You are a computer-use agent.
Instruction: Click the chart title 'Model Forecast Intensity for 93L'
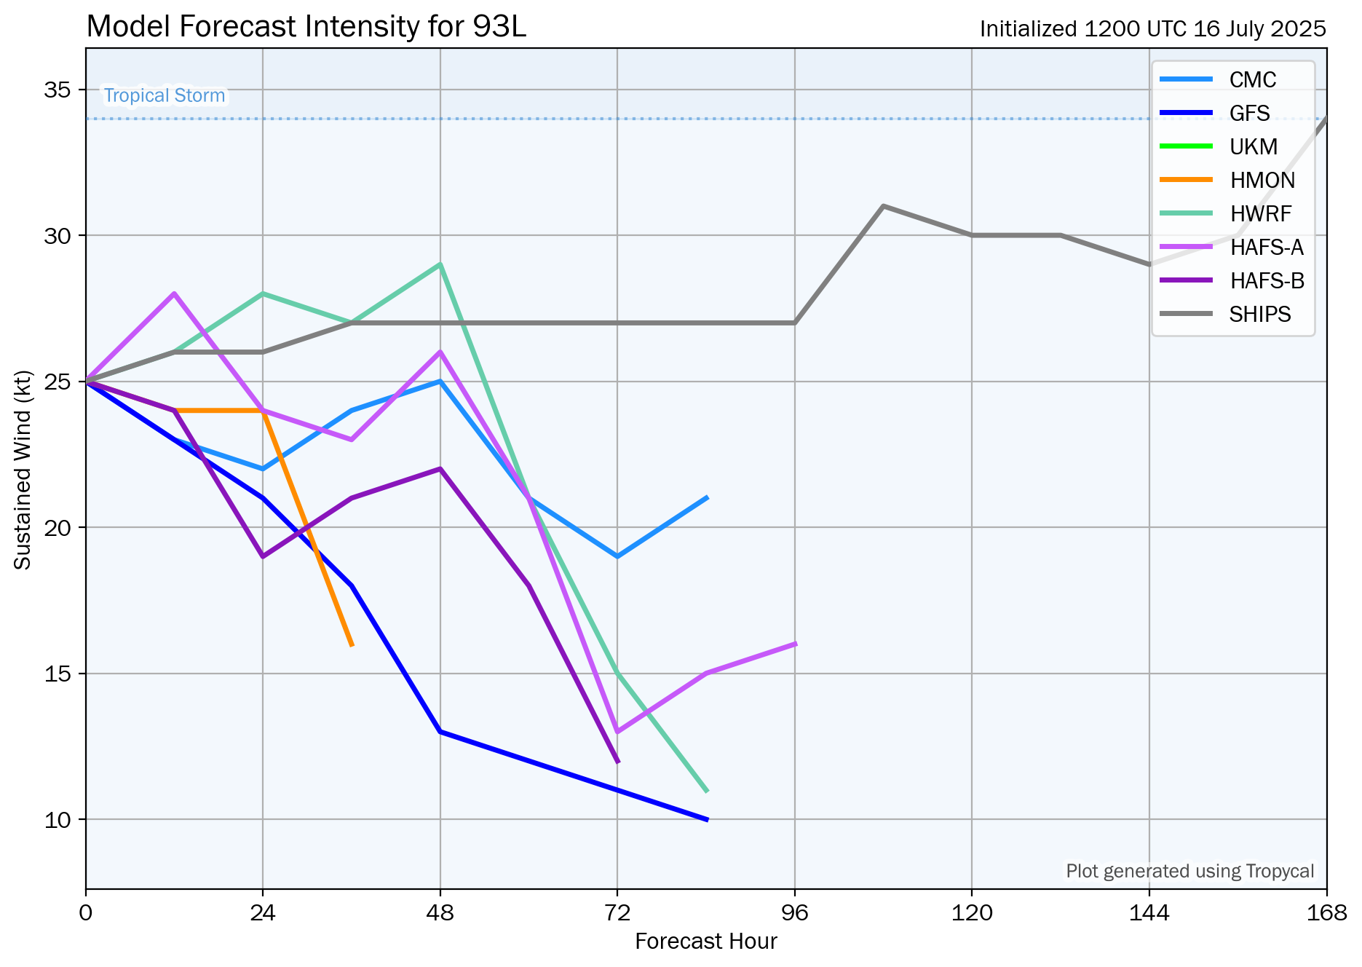click(x=306, y=28)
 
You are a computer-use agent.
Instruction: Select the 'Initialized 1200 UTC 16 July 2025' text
click(x=1152, y=29)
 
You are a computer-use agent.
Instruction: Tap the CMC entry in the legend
click(x=1252, y=79)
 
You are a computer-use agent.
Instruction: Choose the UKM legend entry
click(x=1253, y=147)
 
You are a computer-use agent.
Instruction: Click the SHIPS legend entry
click(x=1259, y=315)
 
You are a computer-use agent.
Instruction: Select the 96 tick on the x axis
click(x=794, y=912)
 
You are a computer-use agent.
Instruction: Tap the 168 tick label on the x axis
click(x=1326, y=912)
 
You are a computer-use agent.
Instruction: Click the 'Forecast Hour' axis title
click(x=705, y=942)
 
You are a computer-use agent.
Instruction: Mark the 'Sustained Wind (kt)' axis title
click(x=23, y=470)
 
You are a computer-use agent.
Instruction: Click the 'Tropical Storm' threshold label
click(x=164, y=95)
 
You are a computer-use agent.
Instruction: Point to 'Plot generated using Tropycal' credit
click(x=1189, y=871)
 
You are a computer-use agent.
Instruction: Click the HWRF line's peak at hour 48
click(x=440, y=264)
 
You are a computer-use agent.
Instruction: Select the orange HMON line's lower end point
click(x=352, y=644)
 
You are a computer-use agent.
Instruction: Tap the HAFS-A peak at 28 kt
click(x=174, y=293)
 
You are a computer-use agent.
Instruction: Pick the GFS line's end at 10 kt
click(x=707, y=819)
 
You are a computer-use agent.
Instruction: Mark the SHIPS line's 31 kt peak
click(x=883, y=206)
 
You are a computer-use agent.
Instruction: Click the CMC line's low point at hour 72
click(x=617, y=556)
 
